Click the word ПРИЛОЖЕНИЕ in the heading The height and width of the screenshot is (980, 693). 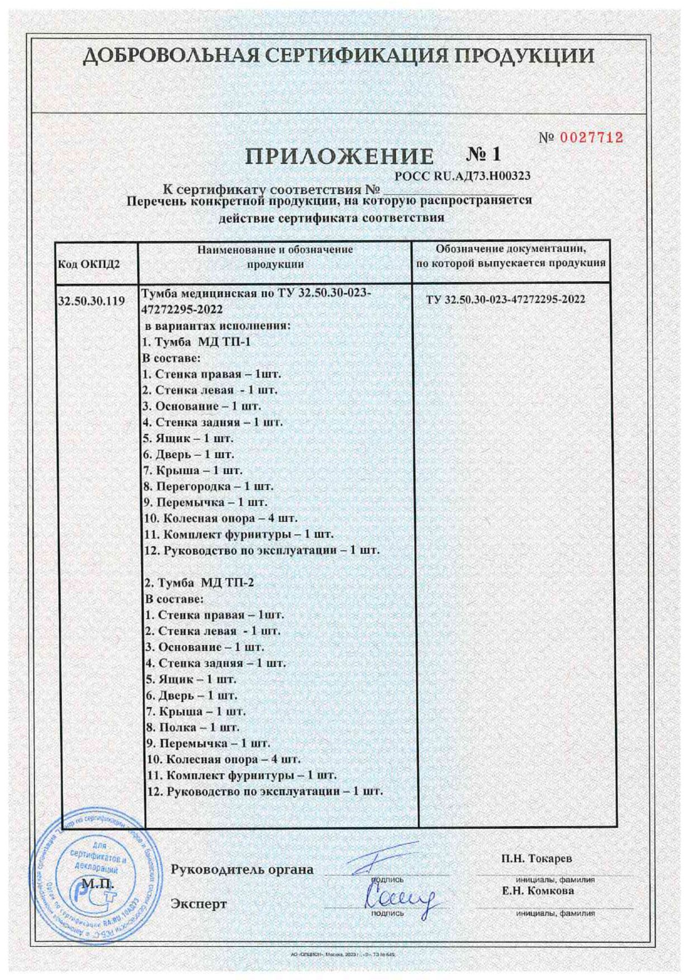click(x=339, y=157)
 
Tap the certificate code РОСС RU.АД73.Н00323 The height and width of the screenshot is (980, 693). click(x=462, y=177)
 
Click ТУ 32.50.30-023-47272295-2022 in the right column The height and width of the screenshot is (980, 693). click(x=505, y=299)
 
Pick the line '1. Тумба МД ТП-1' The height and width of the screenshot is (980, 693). click(x=196, y=341)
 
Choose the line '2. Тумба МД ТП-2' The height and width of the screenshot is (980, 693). click(x=199, y=583)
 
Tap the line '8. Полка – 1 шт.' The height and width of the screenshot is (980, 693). click(x=192, y=727)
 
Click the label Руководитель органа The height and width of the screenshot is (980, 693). click(x=242, y=869)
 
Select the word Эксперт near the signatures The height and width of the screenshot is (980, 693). click(x=198, y=903)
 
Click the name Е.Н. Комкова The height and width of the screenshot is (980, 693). click(x=538, y=891)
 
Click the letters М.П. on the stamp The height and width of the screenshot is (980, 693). click(x=97, y=884)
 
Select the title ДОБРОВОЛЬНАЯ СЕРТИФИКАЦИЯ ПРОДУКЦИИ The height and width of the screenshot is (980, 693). click(x=339, y=56)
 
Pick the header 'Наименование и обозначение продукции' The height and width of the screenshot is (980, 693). click(x=275, y=257)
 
